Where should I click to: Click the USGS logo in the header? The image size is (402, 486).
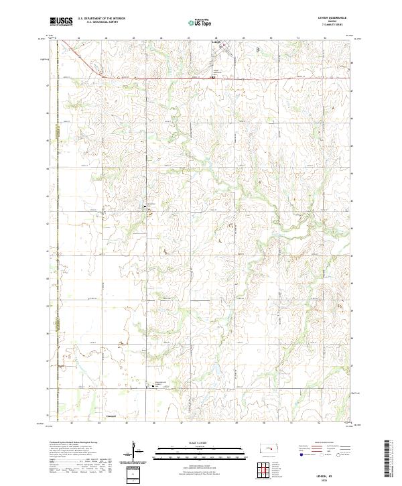click(x=61, y=22)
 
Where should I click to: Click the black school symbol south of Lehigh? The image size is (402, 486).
click(x=214, y=77)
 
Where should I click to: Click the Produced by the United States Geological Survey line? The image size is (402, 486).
click(x=74, y=443)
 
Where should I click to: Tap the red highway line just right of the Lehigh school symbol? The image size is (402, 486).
click(x=228, y=78)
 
